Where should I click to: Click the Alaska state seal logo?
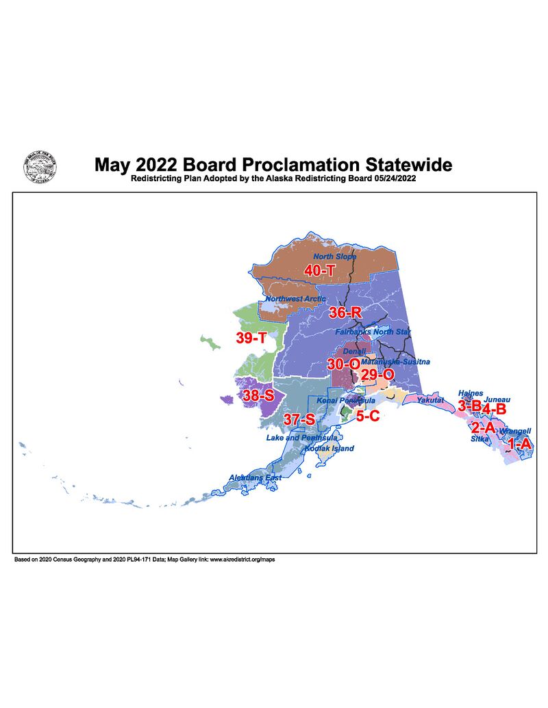40,168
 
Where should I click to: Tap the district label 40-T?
319,271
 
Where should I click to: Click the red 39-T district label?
251,339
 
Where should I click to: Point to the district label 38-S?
258,395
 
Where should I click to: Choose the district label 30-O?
343,364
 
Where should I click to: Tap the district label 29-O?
377,374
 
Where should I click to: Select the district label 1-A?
518,443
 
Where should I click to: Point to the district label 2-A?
483,428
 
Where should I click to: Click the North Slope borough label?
335,257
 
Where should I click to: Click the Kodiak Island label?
329,448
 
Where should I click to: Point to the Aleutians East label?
255,477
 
